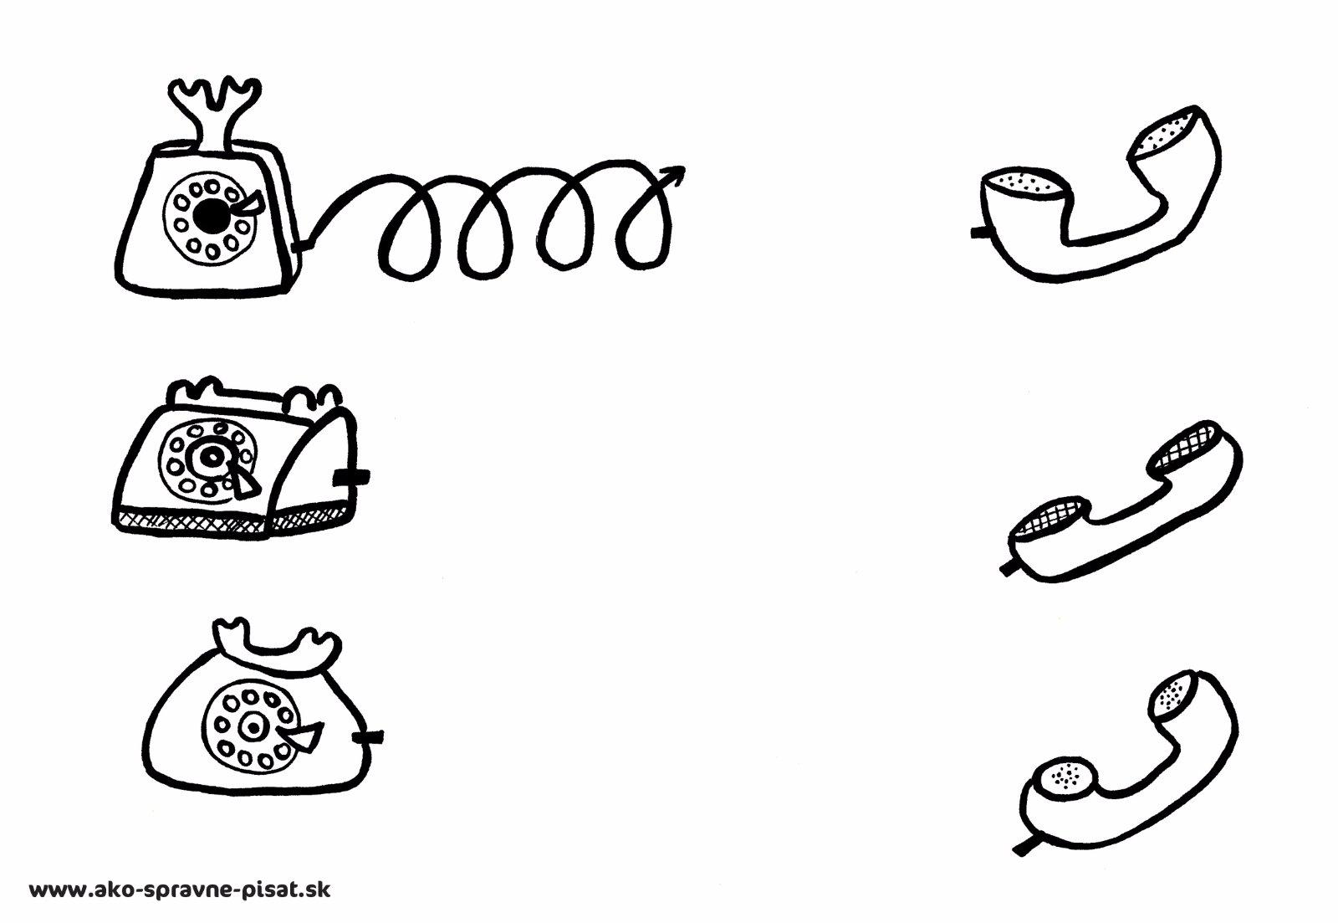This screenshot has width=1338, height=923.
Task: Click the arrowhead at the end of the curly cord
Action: (x=674, y=175)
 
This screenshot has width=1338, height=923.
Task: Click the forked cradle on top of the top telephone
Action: (x=212, y=115)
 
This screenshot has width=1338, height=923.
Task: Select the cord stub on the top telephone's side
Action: (x=304, y=244)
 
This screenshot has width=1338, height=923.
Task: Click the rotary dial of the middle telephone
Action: (x=206, y=460)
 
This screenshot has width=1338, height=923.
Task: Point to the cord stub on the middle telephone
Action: (x=351, y=477)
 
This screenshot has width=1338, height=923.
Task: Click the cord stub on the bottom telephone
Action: (x=368, y=738)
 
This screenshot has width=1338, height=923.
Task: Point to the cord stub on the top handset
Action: (x=981, y=231)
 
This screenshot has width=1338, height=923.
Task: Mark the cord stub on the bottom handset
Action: (x=1027, y=847)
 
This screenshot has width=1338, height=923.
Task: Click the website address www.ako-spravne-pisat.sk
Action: (x=180, y=890)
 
